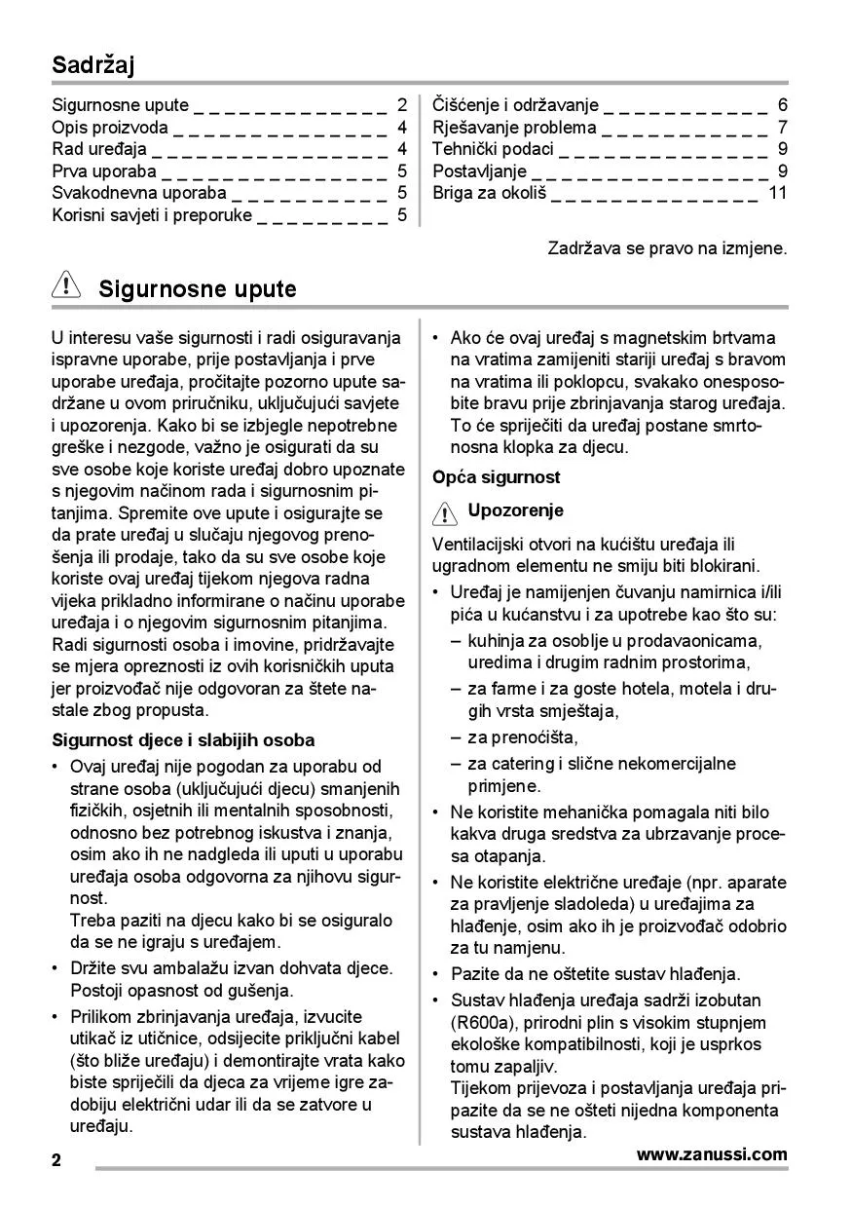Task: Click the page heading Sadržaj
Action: (93, 66)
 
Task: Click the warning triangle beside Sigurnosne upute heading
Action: (66, 287)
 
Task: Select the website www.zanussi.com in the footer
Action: (711, 1155)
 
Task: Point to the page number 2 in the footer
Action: (56, 1160)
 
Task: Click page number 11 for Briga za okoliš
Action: (777, 192)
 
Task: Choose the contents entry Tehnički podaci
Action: (493, 149)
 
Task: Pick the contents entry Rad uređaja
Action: (98, 149)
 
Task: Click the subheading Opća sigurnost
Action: (496, 477)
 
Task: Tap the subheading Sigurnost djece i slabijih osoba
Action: (182, 740)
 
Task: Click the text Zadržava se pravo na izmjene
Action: (667, 248)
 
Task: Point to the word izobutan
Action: (728, 1000)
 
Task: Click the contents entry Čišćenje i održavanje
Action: (515, 105)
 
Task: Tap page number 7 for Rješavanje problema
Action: (783, 128)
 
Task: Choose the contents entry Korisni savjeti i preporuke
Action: (152, 215)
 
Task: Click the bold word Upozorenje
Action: (515, 510)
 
